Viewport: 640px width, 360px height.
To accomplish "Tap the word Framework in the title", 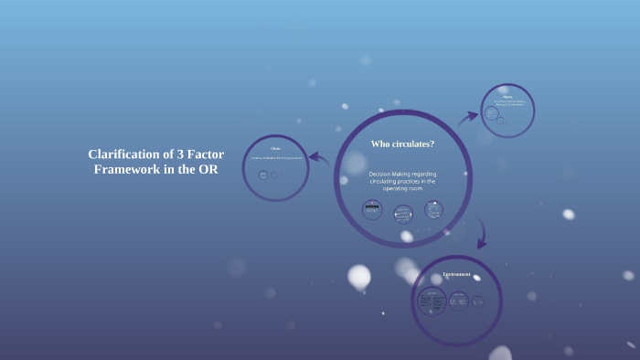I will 125,170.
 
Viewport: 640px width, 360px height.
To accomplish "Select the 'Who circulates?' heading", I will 402,144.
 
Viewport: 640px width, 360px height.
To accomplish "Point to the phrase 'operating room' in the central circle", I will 402,189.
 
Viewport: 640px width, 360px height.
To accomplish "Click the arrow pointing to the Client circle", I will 319,158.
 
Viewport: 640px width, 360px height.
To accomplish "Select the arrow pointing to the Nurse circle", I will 468,116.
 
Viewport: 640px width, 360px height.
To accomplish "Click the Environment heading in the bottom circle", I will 456,275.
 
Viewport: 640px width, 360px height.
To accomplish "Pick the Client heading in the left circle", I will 275,148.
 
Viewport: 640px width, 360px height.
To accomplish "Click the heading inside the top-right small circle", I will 507,94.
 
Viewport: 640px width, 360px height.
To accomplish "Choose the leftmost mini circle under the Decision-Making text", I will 372,210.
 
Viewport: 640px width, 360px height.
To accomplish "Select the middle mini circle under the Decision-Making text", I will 403,213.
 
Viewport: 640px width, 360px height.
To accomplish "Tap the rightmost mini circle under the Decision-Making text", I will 433,209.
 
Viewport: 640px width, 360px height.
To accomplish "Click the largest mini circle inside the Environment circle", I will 432,301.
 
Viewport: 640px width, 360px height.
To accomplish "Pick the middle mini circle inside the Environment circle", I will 458,301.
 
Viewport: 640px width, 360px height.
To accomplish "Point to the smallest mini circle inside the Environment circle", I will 478,300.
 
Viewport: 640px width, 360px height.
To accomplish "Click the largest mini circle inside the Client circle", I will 263,175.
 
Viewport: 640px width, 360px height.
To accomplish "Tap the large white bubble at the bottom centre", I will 359,276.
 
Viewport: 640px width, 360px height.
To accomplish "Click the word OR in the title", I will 208,170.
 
